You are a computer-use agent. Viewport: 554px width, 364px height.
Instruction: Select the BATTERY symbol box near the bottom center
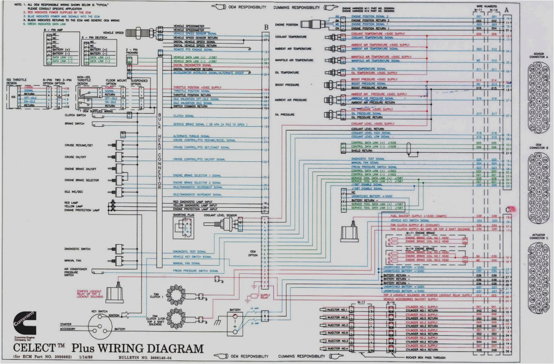(235, 322)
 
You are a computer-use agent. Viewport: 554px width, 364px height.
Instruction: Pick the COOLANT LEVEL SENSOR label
(221, 215)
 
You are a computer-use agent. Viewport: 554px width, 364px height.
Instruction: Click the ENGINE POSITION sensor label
(287, 25)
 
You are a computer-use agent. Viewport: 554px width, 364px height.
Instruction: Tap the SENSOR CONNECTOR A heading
(539, 56)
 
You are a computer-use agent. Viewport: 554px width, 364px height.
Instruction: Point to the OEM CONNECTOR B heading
(539, 146)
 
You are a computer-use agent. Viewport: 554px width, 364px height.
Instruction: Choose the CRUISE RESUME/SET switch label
(79, 145)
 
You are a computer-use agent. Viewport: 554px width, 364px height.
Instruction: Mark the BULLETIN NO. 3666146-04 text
(143, 358)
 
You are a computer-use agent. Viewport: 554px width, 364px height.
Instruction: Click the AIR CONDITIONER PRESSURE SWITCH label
(75, 272)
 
